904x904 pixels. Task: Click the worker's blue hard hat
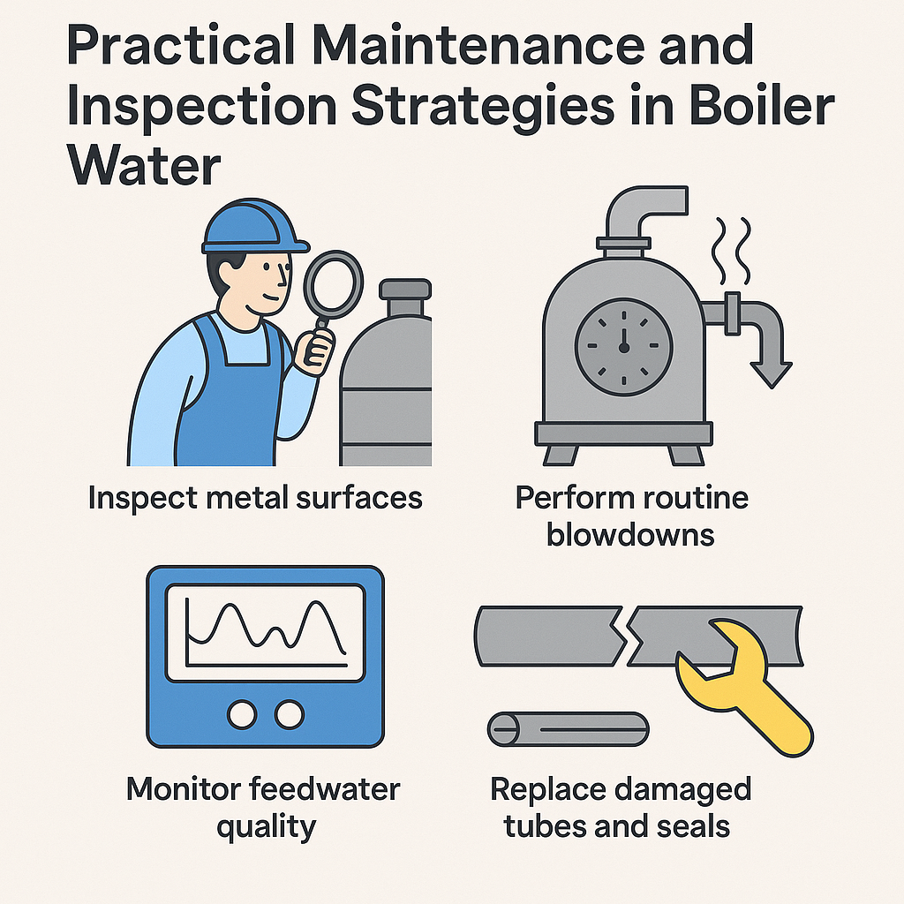pos(253,227)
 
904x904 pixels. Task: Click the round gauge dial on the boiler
pos(624,346)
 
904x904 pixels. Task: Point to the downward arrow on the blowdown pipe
pos(772,373)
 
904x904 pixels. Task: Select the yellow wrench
pos(743,686)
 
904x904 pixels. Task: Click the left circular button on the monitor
pos(242,714)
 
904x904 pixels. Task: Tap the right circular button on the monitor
pos(289,714)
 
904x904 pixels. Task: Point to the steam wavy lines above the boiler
pos(732,251)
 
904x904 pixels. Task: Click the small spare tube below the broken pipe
pos(569,729)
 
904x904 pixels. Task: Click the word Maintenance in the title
pos(478,45)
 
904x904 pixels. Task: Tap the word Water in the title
pos(144,165)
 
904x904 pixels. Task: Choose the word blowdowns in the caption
pos(630,535)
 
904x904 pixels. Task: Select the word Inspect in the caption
pos(143,498)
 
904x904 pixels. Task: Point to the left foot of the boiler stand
pos(561,455)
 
